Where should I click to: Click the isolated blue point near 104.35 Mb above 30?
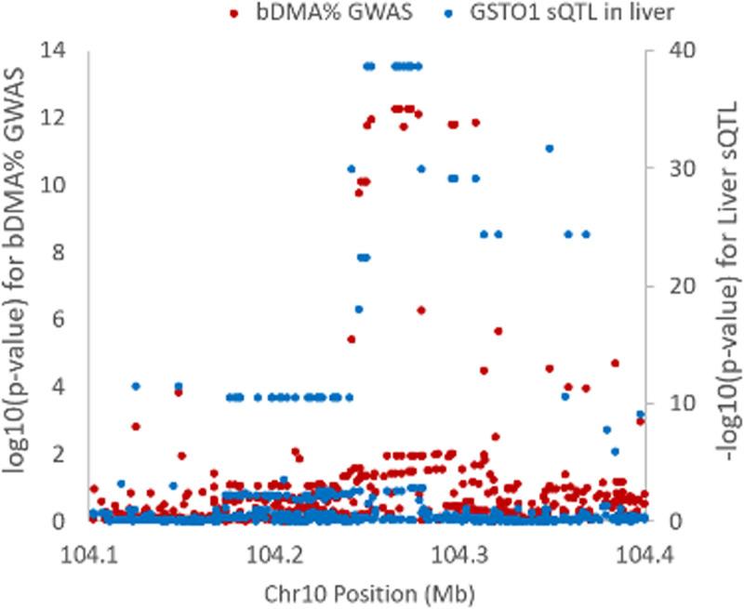(550, 149)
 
